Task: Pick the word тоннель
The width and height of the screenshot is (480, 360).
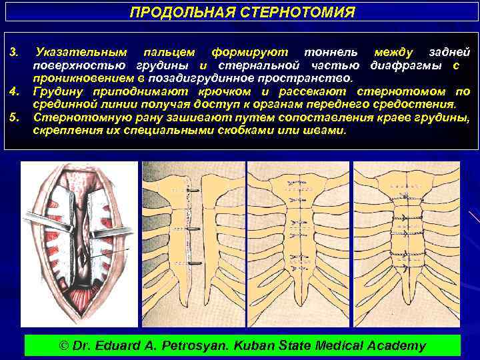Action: point(330,52)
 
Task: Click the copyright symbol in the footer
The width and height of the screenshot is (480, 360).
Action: point(64,345)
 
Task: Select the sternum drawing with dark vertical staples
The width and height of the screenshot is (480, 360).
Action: point(191,244)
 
